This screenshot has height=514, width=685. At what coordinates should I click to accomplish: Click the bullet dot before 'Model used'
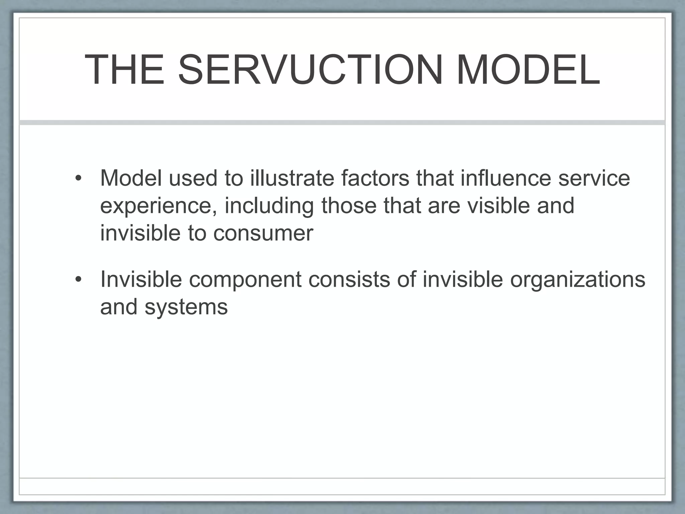click(x=78, y=178)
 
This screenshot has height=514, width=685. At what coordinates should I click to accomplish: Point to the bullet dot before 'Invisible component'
click(x=78, y=280)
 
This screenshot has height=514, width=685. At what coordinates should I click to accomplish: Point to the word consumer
click(x=263, y=233)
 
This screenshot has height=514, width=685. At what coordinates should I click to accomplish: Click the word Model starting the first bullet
click(x=131, y=178)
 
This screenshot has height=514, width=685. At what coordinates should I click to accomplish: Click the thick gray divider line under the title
click(x=342, y=122)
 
